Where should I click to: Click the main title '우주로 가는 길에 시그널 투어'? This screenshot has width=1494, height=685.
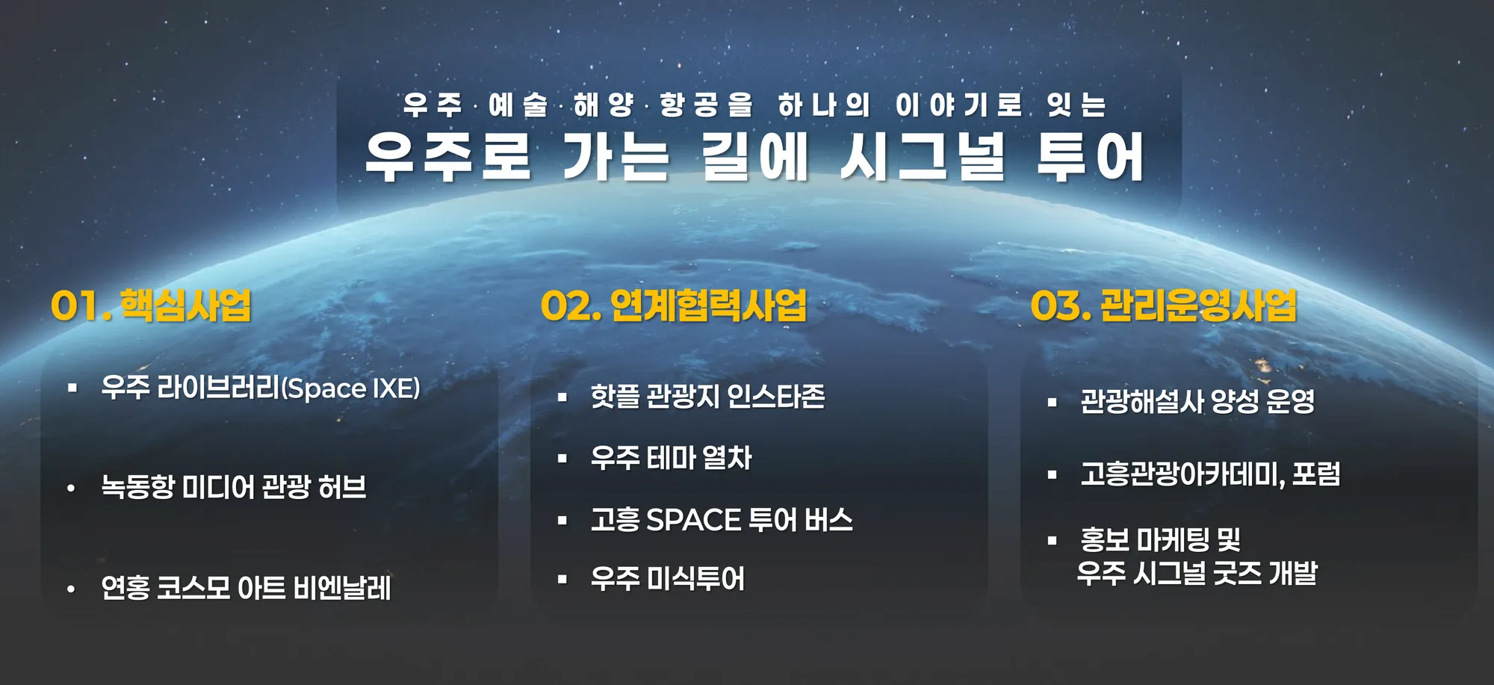click(754, 157)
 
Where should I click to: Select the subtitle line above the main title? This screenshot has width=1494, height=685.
click(754, 105)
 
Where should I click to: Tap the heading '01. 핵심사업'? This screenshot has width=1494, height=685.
click(151, 306)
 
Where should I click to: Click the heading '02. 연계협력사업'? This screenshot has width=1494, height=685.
click(674, 306)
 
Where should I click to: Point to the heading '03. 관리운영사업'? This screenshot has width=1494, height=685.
click(1164, 306)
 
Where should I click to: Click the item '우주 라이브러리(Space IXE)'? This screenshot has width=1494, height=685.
click(261, 388)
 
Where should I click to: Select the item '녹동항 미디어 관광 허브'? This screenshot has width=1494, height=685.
click(234, 487)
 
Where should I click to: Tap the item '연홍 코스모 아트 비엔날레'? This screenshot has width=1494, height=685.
click(246, 588)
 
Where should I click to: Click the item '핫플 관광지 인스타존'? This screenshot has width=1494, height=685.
click(707, 396)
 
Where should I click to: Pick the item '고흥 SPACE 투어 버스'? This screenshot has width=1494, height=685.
click(722, 520)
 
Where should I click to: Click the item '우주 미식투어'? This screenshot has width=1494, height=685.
click(667, 578)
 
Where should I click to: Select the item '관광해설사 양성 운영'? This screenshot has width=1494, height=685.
click(1197, 402)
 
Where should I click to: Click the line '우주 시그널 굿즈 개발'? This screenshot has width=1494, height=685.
click(1197, 573)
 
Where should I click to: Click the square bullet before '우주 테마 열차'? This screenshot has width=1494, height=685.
click(562, 459)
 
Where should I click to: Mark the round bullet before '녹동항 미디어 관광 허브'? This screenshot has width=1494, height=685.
click(71, 489)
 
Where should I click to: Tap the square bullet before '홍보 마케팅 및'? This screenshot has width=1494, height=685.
click(1053, 540)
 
